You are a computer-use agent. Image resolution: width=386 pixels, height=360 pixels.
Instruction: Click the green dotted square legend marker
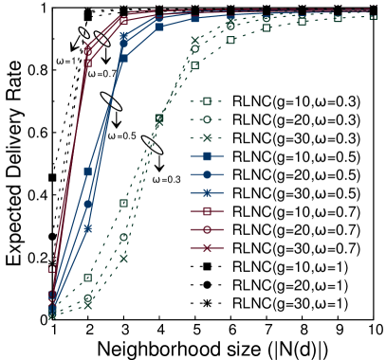(207, 101)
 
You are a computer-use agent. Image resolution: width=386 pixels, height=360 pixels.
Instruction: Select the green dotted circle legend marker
(207, 119)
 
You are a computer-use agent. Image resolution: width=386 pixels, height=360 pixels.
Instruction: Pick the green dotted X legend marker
(207, 137)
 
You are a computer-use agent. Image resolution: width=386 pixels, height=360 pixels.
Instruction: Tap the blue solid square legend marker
(207, 156)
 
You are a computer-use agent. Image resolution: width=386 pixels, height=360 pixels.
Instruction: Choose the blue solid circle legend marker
(207, 174)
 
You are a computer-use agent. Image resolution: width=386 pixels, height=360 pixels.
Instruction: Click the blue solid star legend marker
(207, 192)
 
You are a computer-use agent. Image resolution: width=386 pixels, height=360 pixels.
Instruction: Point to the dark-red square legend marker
(207, 211)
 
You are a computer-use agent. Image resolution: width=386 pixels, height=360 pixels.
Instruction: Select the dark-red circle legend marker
(207, 229)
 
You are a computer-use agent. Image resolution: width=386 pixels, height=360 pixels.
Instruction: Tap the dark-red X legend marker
(207, 247)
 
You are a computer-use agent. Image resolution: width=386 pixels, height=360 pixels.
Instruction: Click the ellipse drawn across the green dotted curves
(152, 145)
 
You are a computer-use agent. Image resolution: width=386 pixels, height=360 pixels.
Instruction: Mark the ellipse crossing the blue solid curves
(111, 101)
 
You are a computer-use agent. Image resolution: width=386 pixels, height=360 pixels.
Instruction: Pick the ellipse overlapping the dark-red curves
(95, 38)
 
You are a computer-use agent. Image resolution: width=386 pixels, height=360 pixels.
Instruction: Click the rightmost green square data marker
(373, 18)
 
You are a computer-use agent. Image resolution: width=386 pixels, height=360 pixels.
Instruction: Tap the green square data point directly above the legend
(194, 65)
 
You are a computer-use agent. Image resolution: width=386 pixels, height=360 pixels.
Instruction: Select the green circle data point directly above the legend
(194, 49)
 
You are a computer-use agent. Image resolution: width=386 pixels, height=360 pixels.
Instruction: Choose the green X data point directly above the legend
(194, 41)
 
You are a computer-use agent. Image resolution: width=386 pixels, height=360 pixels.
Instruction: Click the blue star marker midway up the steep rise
(88, 228)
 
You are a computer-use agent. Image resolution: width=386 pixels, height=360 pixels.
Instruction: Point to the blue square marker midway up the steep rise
(88, 171)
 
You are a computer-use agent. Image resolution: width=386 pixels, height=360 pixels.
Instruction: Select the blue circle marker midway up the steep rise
(88, 204)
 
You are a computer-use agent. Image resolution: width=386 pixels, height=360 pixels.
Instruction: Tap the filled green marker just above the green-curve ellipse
(159, 118)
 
